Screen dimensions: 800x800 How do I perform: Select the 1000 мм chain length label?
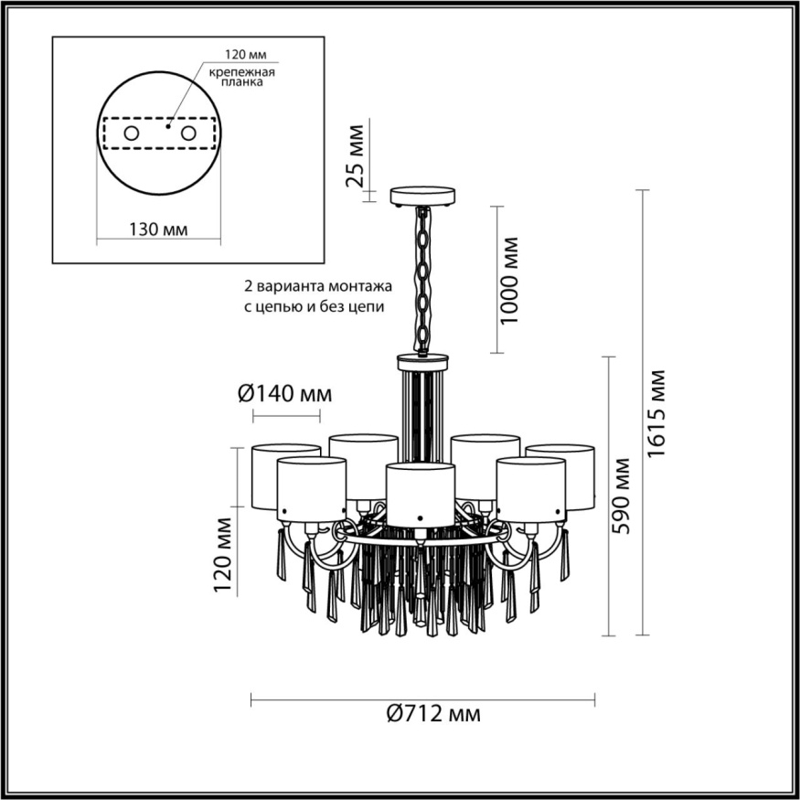click(511, 280)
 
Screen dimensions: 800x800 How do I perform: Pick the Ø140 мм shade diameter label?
click(284, 394)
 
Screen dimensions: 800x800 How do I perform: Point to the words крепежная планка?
click(242, 76)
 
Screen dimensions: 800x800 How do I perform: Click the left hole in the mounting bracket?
click(132, 134)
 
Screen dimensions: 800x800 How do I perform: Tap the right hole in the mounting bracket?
click(189, 134)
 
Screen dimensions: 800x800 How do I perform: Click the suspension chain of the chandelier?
click(422, 279)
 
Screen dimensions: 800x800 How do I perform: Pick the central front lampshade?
click(420, 493)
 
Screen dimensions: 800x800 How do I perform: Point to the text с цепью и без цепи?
click(315, 306)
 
